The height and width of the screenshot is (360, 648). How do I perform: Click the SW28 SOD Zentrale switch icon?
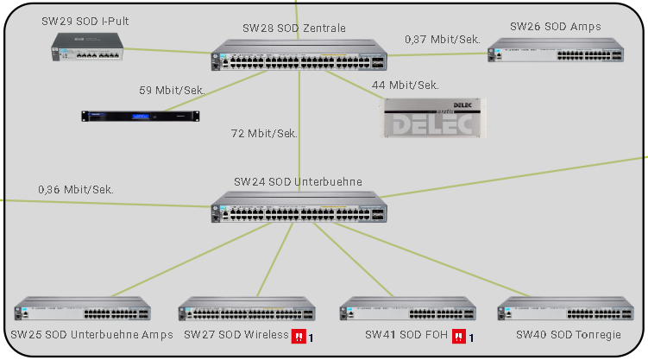(x=299, y=55)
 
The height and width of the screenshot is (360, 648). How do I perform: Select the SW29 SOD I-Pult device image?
(x=85, y=45)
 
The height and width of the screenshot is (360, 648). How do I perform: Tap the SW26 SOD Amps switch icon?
(x=556, y=53)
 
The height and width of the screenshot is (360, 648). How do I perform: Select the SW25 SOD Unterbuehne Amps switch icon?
(x=82, y=311)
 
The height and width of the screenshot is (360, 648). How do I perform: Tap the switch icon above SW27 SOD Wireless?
(x=247, y=311)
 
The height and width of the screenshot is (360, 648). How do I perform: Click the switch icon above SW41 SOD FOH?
(x=406, y=311)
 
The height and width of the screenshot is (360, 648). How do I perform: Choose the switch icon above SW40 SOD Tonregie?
(x=566, y=311)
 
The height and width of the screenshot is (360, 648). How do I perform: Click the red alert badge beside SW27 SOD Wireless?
(x=298, y=336)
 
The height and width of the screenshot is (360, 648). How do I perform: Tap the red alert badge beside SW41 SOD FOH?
(x=459, y=336)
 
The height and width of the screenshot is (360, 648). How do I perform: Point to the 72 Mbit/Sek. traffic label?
(x=264, y=134)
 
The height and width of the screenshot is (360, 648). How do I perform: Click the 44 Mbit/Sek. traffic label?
(x=405, y=85)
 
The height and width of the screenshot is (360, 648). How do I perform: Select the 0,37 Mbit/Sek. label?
(x=442, y=39)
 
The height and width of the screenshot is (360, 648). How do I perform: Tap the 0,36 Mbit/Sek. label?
(x=76, y=189)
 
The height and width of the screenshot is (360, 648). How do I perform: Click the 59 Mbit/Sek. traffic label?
(x=172, y=89)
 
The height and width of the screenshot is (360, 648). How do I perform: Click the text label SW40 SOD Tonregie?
(x=568, y=335)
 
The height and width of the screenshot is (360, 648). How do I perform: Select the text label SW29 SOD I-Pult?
(x=85, y=20)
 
